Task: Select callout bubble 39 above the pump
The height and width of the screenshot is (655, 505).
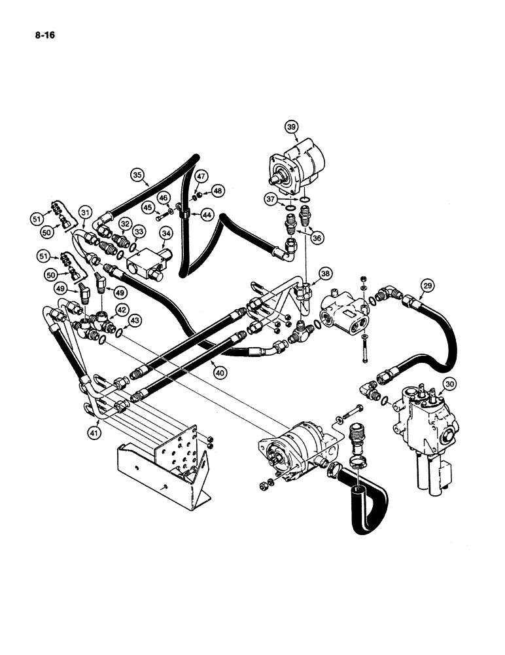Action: coord(292,127)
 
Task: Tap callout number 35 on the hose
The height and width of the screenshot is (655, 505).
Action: coord(136,175)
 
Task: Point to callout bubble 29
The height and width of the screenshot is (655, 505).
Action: coord(427,285)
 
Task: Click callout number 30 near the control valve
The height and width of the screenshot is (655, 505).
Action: coord(449,384)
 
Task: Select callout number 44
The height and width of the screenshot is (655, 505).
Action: coord(206,215)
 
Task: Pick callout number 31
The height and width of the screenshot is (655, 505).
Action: coord(85,212)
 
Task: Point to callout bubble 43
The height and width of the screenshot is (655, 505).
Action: coord(134,320)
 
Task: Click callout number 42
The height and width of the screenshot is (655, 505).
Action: coord(122,310)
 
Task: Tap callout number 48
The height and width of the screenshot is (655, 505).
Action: coord(217,191)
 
